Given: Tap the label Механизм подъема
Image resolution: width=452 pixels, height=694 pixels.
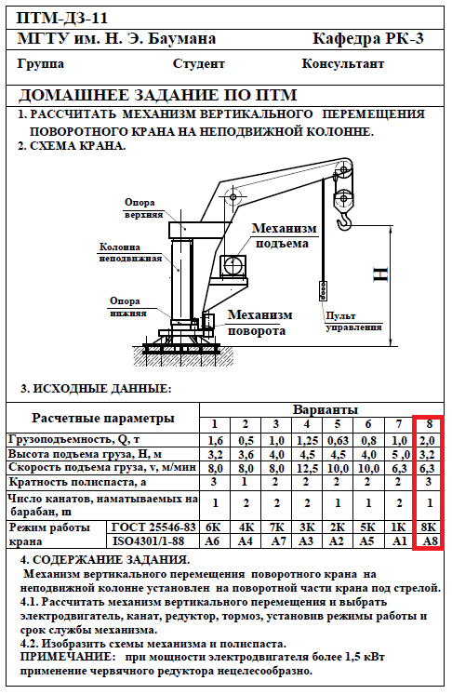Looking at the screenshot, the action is click(x=284, y=236).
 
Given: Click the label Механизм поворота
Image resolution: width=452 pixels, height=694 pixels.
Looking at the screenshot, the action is click(x=259, y=323).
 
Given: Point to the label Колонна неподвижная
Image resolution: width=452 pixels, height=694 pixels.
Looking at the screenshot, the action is click(x=130, y=253).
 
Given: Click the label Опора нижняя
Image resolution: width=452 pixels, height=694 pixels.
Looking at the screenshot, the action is click(x=127, y=307).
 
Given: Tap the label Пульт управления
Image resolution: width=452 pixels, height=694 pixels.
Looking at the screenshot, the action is click(x=353, y=322).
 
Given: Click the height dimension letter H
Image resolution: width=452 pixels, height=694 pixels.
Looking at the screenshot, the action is click(x=380, y=274).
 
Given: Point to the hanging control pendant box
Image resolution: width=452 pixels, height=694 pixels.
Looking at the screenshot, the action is click(x=324, y=291).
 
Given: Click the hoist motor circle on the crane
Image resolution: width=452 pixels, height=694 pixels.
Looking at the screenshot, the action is click(x=233, y=266).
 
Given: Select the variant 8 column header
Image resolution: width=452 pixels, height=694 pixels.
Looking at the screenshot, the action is click(x=429, y=424).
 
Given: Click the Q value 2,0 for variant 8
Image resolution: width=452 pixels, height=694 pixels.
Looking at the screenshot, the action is click(x=428, y=441).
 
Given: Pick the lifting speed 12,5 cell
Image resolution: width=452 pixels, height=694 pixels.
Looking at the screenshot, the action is click(x=307, y=468).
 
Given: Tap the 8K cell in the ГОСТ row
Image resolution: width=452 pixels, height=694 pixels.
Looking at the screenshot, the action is click(x=428, y=527).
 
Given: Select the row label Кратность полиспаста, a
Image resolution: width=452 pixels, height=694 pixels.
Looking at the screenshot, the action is click(x=77, y=482).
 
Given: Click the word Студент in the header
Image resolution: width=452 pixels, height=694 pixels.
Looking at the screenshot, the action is click(x=199, y=64).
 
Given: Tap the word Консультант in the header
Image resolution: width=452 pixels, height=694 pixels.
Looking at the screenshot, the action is click(x=343, y=64).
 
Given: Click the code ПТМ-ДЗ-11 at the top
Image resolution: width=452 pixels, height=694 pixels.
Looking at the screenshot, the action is click(x=62, y=19).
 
